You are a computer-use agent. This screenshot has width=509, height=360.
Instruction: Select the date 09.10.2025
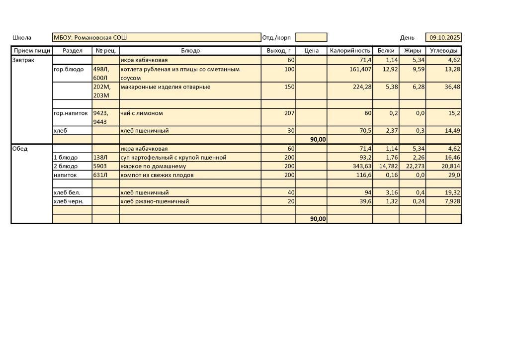pos(445,37)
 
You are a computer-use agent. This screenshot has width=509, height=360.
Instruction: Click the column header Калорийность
pos(350,51)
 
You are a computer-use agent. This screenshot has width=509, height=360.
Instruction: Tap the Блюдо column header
pos(190,51)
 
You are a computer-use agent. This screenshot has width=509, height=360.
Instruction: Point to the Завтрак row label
pos(22,60)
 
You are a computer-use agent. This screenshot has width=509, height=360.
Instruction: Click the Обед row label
pos(20,149)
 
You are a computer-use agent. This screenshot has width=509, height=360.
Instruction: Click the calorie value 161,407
pos(360,70)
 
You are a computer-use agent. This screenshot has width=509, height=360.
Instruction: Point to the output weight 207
pos(289,113)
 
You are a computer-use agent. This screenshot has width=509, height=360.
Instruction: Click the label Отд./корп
pos(276,38)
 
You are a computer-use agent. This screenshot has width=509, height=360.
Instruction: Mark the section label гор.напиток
pos(71,113)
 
